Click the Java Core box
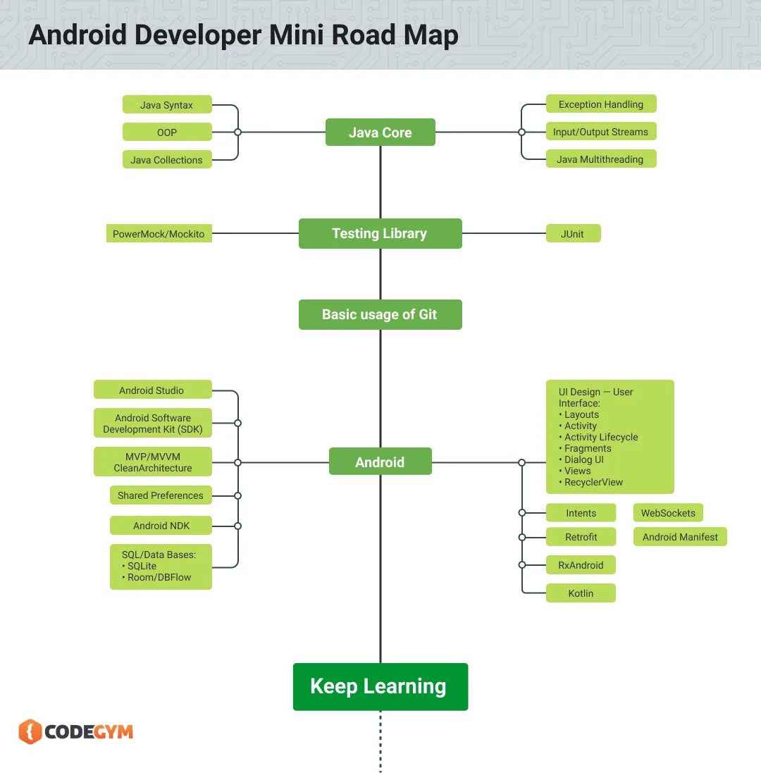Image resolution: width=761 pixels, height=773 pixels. pyautogui.click(x=380, y=132)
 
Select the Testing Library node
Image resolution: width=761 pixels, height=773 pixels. pyautogui.click(x=380, y=233)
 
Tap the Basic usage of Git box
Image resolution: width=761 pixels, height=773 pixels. pyautogui.click(x=380, y=314)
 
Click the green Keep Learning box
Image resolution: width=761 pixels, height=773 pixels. pyautogui.click(x=380, y=686)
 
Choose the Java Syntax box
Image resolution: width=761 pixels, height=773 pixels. pyautogui.click(x=167, y=105)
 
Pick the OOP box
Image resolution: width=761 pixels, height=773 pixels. pyautogui.click(x=167, y=132)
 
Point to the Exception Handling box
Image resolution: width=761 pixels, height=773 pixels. pyautogui.click(x=600, y=104)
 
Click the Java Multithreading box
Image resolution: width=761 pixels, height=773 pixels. pyautogui.click(x=600, y=159)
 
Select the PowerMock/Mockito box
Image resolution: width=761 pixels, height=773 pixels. pyautogui.click(x=159, y=234)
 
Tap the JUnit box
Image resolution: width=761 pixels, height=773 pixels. pyautogui.click(x=573, y=234)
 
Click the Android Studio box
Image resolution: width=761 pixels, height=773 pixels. pyautogui.click(x=152, y=390)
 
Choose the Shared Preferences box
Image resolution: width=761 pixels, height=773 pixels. pyautogui.click(x=161, y=495)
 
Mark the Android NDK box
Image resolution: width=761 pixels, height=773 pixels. pyautogui.click(x=161, y=526)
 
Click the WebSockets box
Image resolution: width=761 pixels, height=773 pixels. pyautogui.click(x=668, y=513)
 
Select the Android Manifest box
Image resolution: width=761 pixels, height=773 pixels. pyautogui.click(x=680, y=537)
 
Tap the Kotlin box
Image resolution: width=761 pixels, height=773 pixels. pyautogui.click(x=581, y=593)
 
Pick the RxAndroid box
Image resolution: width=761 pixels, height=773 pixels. pyautogui.click(x=581, y=565)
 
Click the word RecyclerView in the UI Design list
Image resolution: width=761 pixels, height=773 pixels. pyautogui.click(x=593, y=483)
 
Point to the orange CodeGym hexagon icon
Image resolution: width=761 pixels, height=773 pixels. pyautogui.click(x=30, y=731)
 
